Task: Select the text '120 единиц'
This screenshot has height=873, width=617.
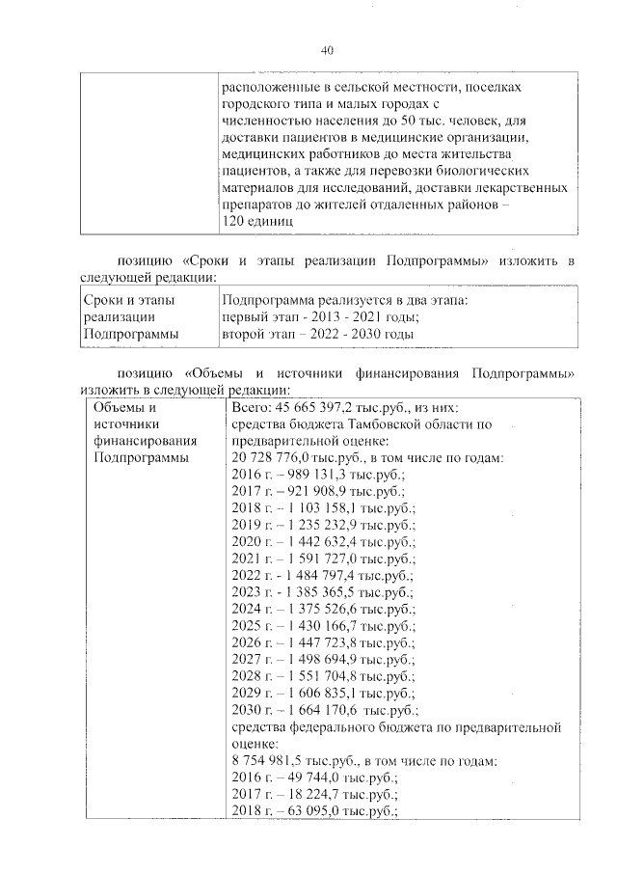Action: coord(255,221)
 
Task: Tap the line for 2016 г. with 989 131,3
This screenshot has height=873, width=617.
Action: coord(317,476)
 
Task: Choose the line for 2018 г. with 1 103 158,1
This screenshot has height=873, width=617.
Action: coord(322,509)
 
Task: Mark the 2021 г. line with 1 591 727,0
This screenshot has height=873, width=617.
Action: coord(322,560)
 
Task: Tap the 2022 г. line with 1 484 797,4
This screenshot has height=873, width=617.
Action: coord(322,578)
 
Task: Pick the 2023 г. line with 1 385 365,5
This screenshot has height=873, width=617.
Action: coord(322,594)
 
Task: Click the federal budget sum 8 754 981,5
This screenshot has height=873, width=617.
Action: coord(275,762)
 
